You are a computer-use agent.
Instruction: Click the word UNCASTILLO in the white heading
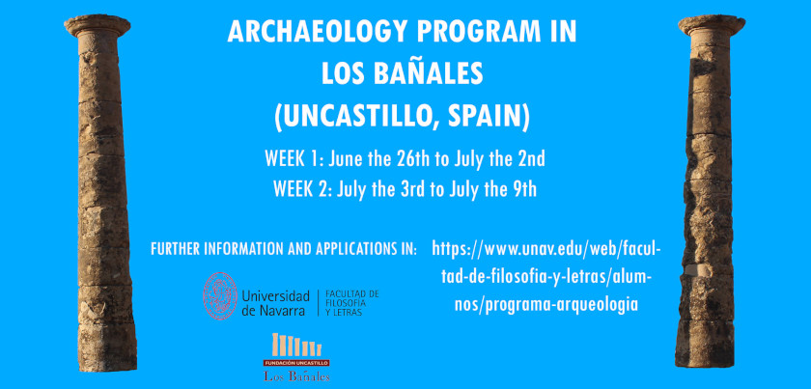[357, 118]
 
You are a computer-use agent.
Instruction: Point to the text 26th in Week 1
[410, 159]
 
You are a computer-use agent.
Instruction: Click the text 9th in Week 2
[523, 190]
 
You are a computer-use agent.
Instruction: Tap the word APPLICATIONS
[343, 248]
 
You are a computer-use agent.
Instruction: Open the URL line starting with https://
[546, 249]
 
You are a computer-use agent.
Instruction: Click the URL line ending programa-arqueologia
[546, 305]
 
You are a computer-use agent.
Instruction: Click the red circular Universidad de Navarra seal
[220, 296]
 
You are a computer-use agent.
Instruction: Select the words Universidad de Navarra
[275, 303]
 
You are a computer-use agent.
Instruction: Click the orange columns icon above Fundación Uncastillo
[297, 345]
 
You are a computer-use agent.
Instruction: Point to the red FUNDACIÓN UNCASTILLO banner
[296, 363]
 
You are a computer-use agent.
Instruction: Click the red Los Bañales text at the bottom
[296, 376]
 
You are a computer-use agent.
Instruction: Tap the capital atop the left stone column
[98, 26]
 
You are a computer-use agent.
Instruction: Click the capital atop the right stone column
[712, 26]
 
